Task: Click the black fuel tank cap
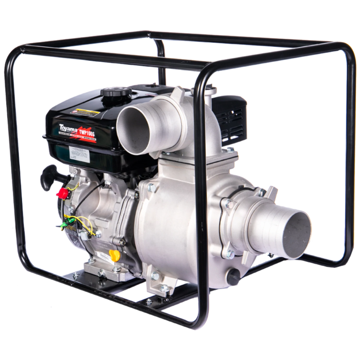[116, 93]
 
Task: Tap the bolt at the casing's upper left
[151, 188]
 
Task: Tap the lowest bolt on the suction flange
[230, 253]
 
